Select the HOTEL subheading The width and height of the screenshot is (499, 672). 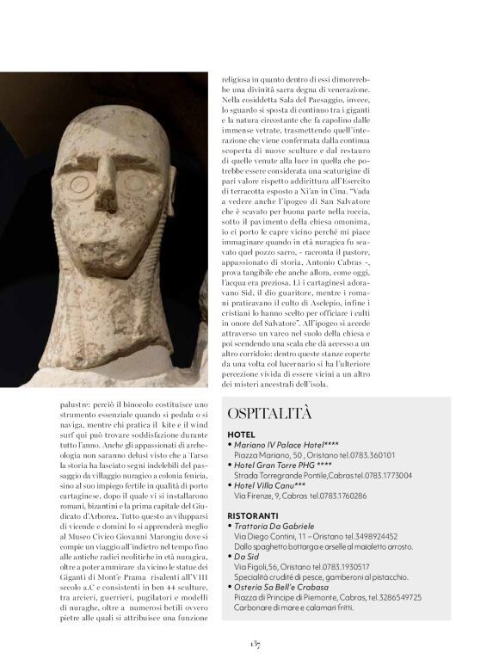coord(242,435)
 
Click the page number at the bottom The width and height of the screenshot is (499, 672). coord(249,647)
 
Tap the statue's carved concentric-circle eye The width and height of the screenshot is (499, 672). coord(78,185)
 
